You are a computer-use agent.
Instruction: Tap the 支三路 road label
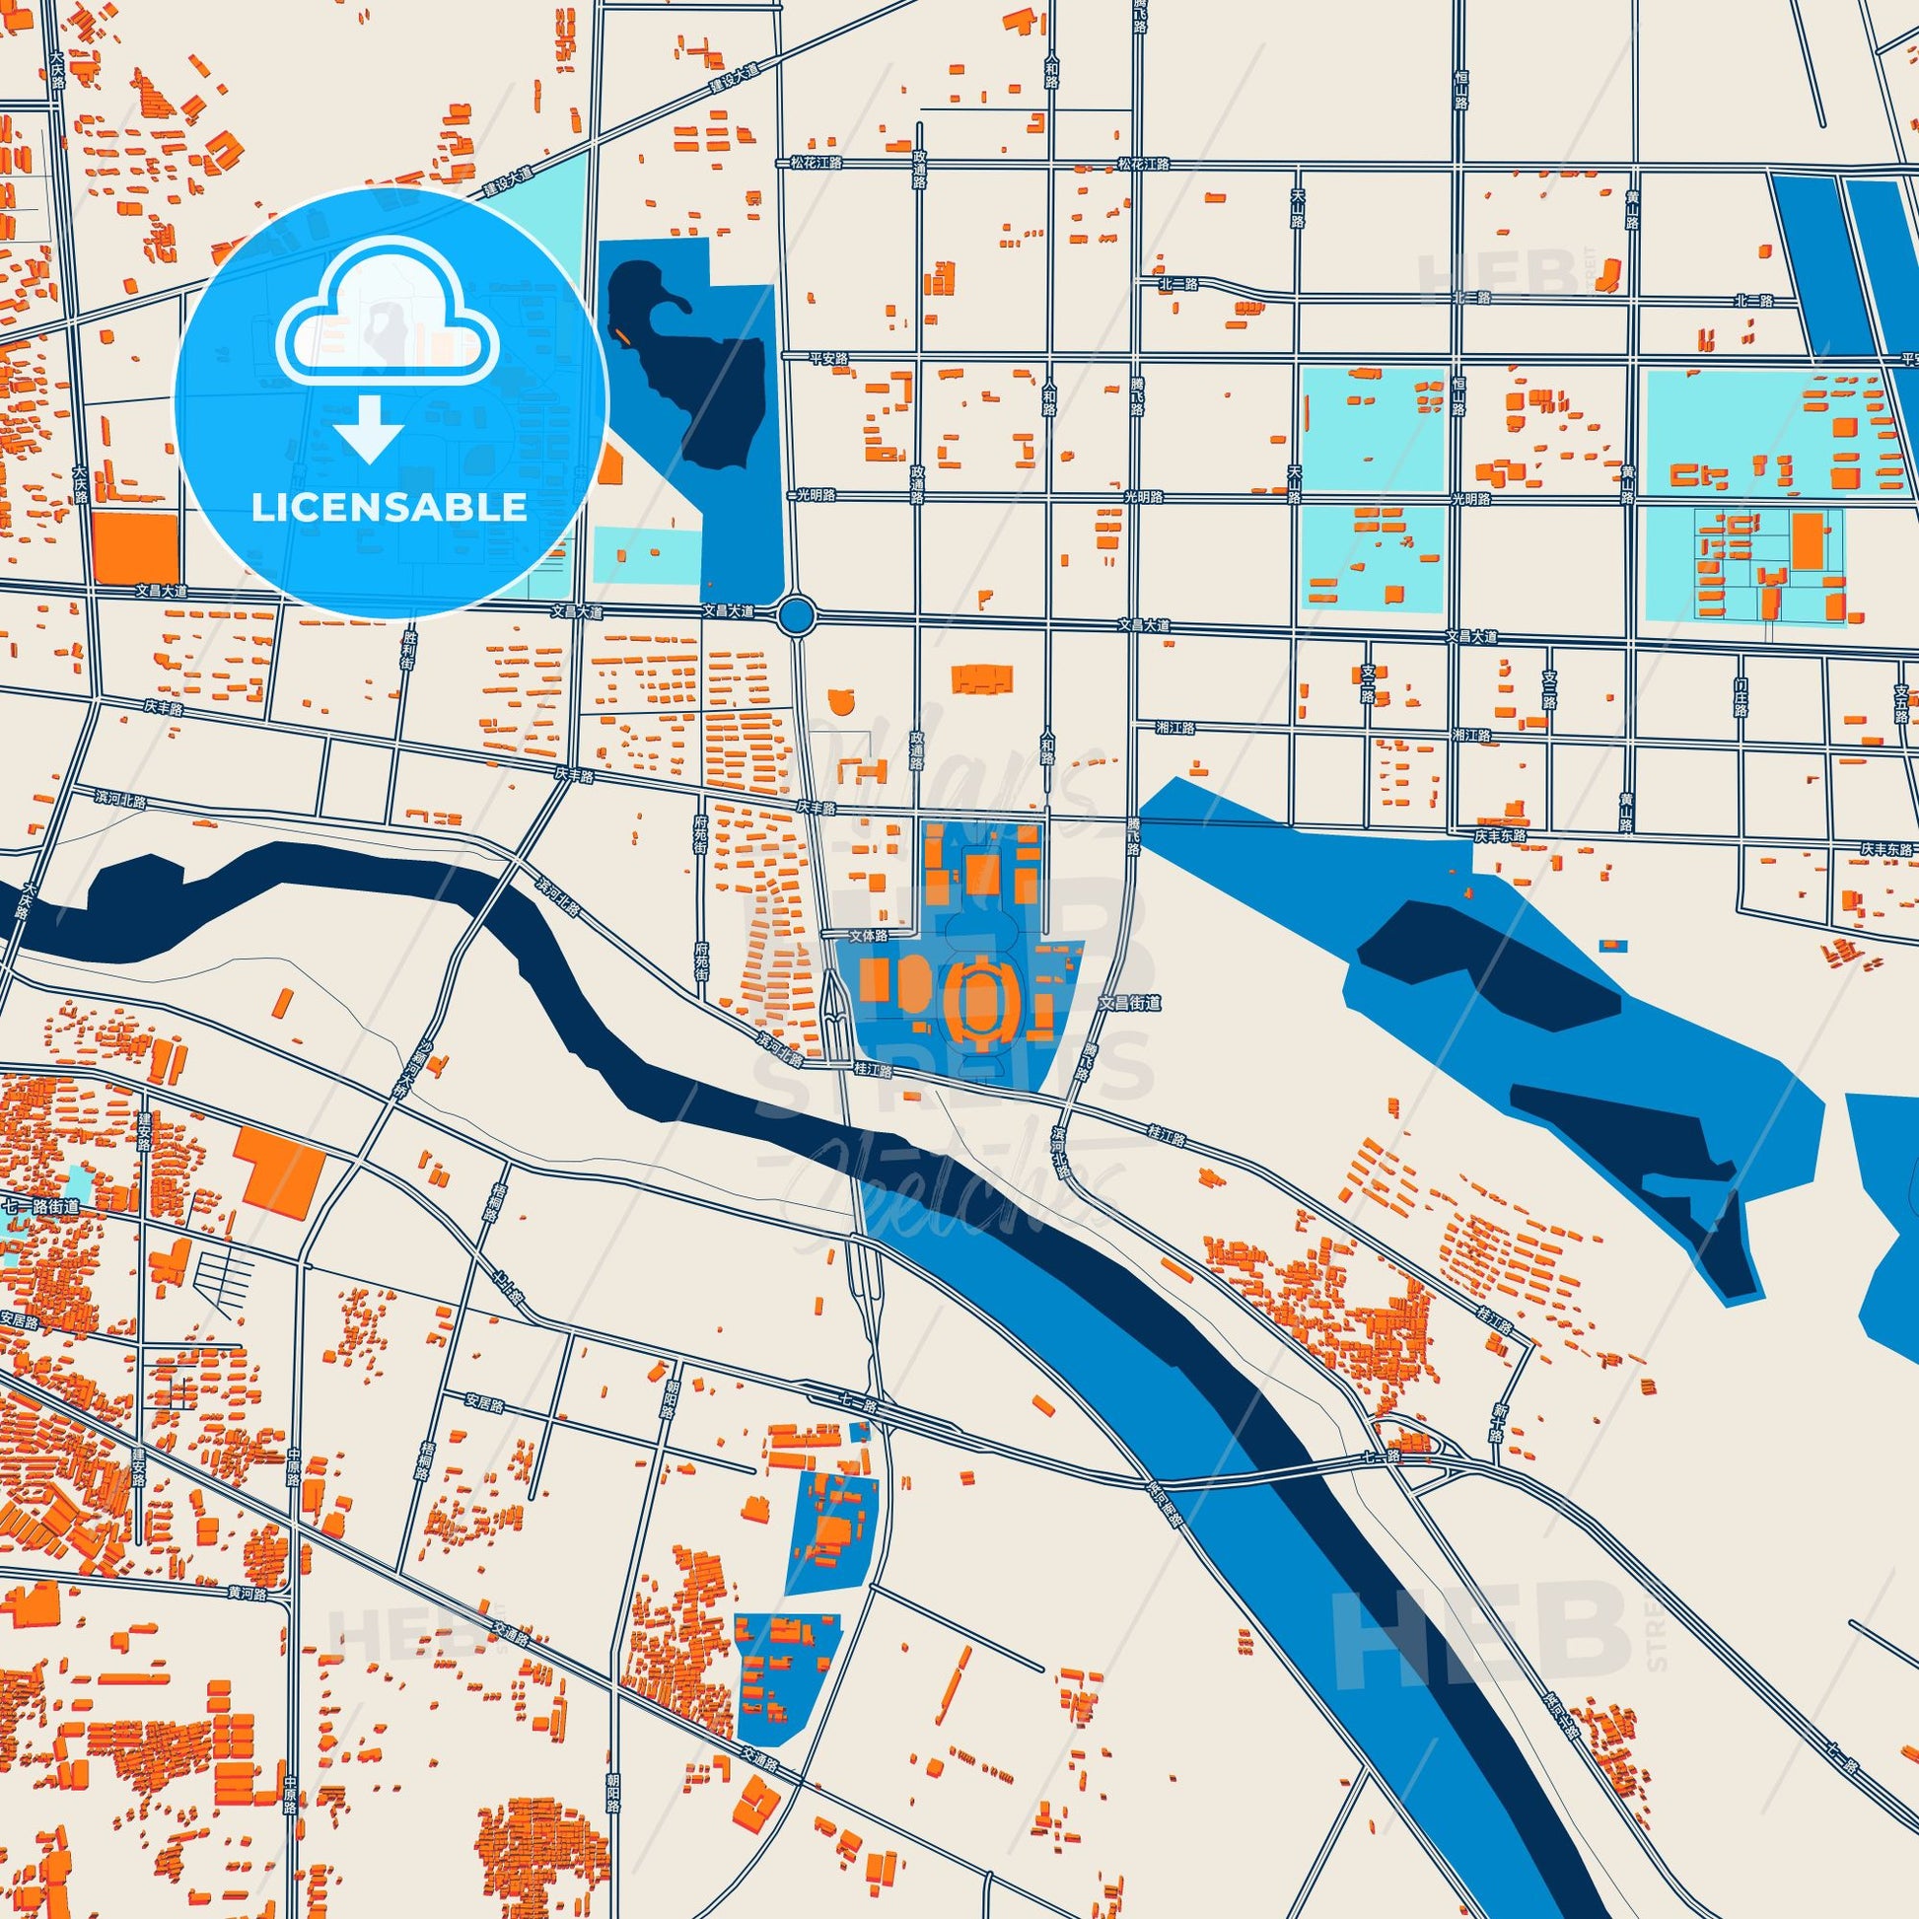coord(1548,688)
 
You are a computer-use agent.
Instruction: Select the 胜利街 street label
coord(408,651)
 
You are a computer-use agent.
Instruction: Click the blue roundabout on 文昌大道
coord(796,618)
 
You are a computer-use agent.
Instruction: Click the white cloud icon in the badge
coord(391,320)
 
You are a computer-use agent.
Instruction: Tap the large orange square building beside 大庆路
coord(134,545)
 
